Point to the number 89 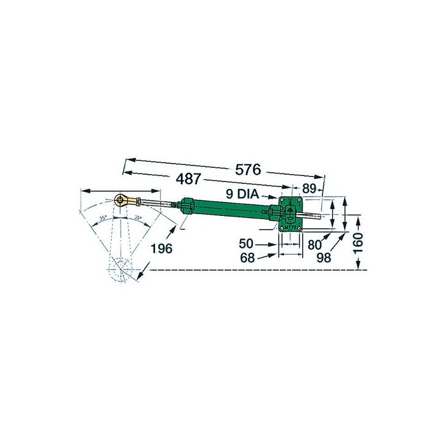point(309,190)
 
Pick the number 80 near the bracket point(315,244)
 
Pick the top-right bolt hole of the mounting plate point(299,199)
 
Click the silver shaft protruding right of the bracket point(314,215)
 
